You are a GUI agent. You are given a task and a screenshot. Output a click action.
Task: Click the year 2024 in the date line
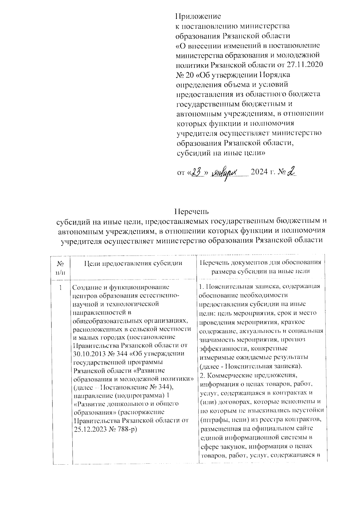[260, 173]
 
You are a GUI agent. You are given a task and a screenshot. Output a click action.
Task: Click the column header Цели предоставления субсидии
[133, 263]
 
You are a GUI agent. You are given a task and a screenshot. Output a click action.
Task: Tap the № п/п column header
[60, 268]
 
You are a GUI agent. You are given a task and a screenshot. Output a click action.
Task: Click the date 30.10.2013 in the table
[87, 354]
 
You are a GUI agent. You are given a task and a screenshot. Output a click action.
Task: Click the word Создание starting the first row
[87, 287]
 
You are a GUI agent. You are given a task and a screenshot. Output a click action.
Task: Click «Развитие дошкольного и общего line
[126, 403]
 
